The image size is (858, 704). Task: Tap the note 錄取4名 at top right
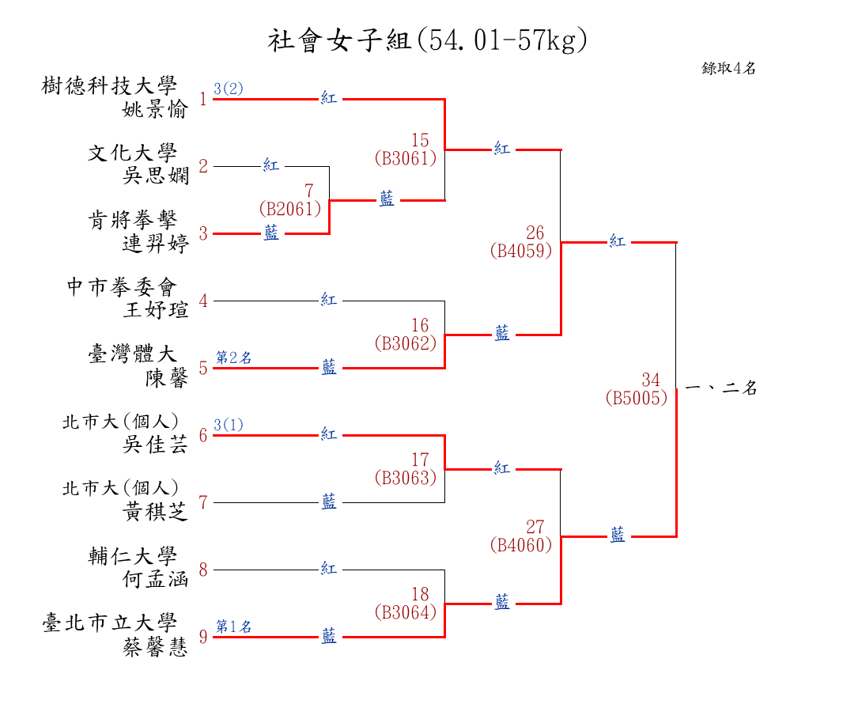pos(728,68)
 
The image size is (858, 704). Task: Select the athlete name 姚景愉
pos(155,109)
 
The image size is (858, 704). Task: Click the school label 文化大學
pos(133,153)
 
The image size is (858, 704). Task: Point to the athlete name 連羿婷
pos(155,244)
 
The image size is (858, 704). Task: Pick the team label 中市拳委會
pos(122,287)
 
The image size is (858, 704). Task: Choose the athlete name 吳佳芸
pos(155,445)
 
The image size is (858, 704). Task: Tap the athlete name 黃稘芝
pos(155,513)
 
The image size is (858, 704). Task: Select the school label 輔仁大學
pos(133,556)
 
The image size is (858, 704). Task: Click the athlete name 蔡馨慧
pos(155,647)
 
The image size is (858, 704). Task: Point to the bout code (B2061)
pos(290,209)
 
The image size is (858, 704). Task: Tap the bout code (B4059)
pos(520,252)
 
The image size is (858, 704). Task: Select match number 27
pos(535,527)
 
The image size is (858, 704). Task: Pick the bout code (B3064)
pos(405,612)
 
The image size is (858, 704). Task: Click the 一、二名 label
pos(720,388)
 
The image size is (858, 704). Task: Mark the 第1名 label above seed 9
pos(234,626)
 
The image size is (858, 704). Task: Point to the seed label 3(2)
pos(229,89)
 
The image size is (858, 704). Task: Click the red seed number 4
pos(203,301)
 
